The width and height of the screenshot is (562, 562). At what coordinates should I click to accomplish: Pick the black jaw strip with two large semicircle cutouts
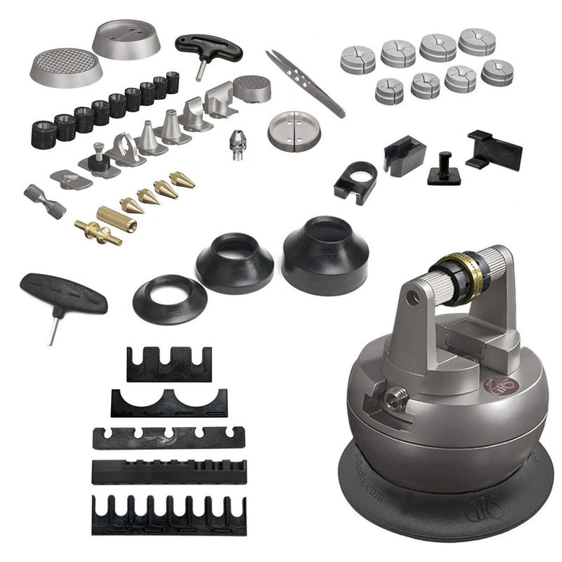168,403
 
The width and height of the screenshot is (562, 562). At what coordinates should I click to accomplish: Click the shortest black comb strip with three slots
169,363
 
